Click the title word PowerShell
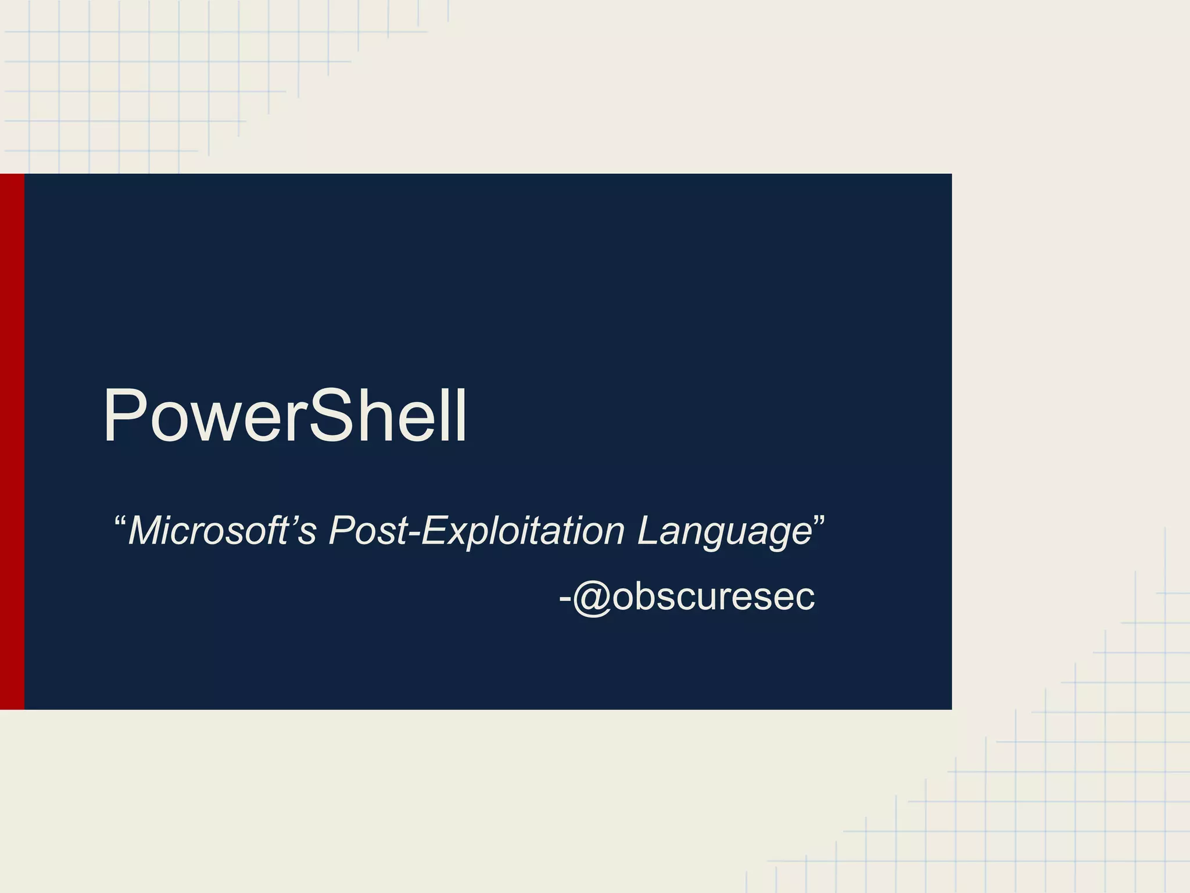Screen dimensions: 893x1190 click(x=285, y=416)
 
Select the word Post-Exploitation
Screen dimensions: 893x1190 click(x=476, y=530)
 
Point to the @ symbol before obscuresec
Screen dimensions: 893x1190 click(x=592, y=597)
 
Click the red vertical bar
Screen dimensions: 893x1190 click(x=12, y=442)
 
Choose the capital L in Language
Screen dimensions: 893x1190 click(x=648, y=530)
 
